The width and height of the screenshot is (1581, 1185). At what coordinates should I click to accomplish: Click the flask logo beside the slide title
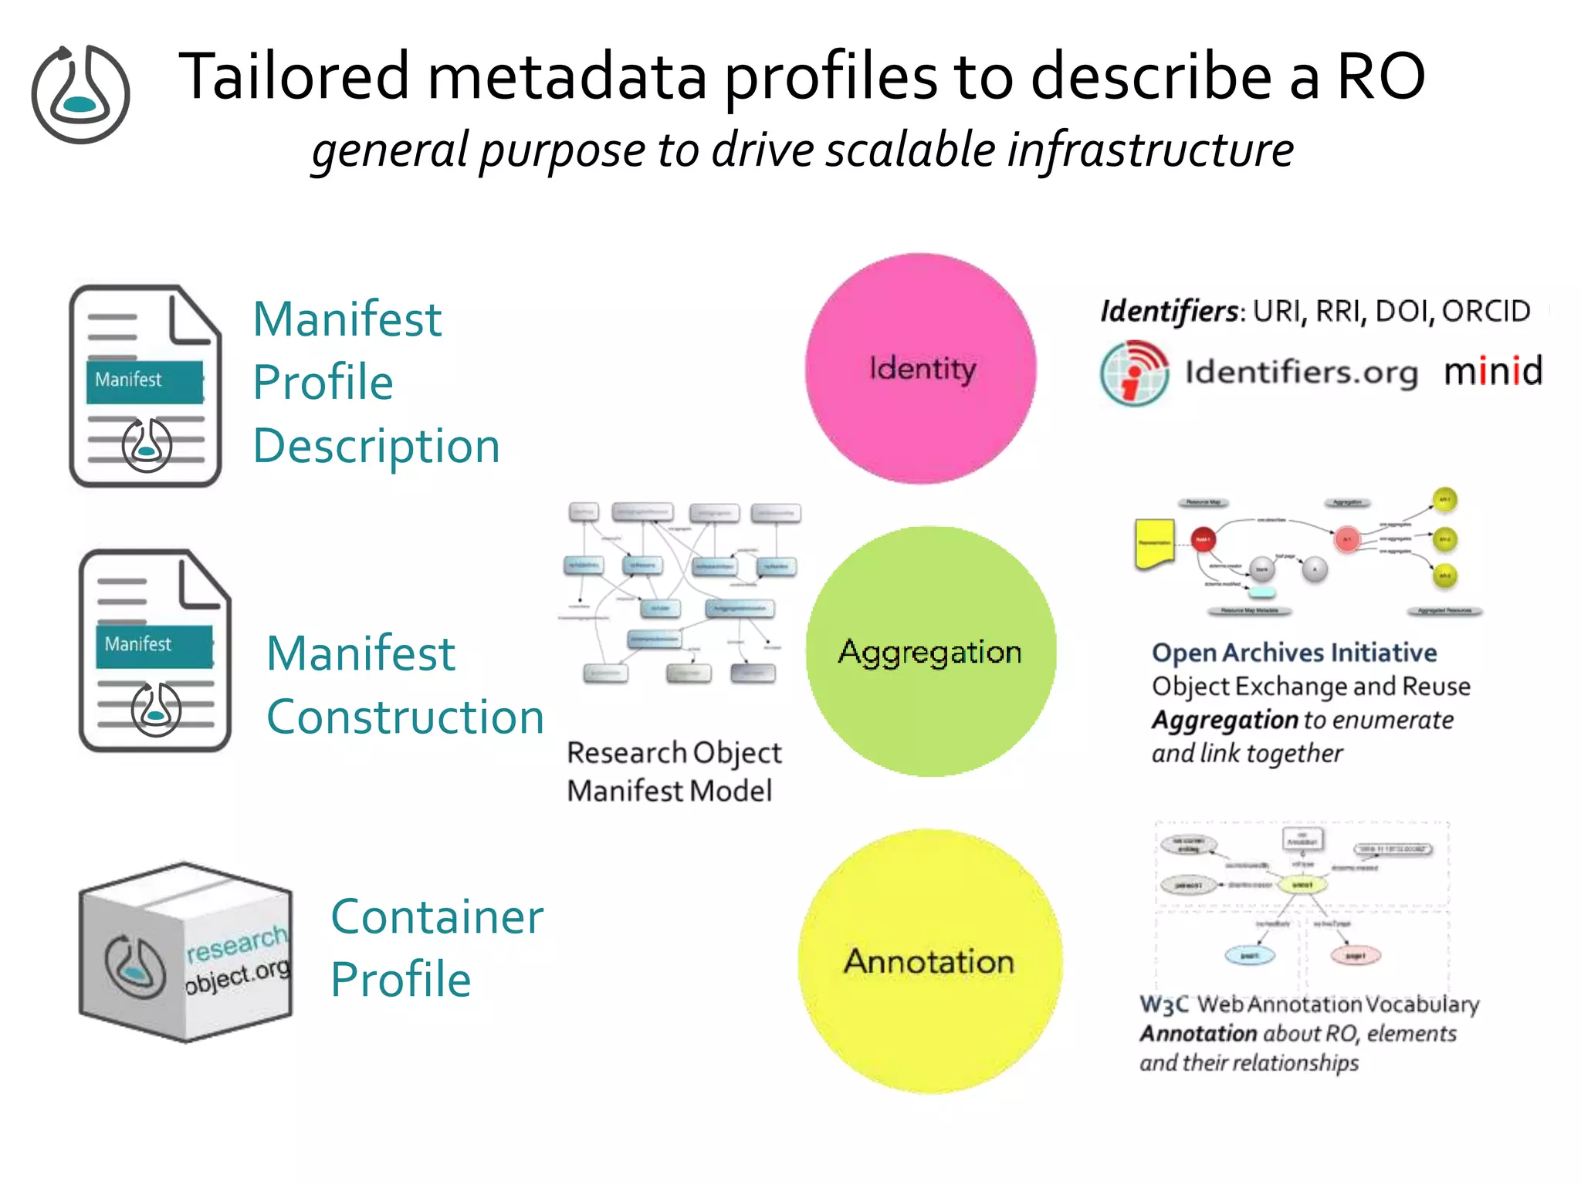[80, 94]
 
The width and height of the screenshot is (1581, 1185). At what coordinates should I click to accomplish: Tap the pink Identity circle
[921, 368]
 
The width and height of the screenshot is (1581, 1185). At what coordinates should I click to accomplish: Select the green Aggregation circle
[930, 652]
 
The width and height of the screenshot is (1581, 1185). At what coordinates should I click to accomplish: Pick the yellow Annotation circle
[929, 961]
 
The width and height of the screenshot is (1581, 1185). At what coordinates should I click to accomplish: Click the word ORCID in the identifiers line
[1485, 311]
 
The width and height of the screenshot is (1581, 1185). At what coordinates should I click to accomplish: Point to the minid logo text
[1493, 371]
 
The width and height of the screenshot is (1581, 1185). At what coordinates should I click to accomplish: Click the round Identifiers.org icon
[1133, 373]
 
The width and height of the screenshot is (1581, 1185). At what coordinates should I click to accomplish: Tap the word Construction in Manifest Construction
[405, 717]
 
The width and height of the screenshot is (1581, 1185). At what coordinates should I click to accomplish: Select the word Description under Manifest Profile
[377, 446]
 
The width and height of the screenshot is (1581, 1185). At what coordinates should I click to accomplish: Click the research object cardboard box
[185, 953]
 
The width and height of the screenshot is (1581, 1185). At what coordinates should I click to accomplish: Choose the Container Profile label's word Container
[437, 917]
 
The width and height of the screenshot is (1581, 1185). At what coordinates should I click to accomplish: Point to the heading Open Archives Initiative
[1294, 653]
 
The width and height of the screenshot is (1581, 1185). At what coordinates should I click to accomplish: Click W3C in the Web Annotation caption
[1164, 1004]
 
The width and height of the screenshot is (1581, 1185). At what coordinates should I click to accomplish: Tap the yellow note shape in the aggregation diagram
[1154, 543]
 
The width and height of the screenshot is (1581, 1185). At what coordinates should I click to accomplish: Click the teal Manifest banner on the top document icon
[144, 381]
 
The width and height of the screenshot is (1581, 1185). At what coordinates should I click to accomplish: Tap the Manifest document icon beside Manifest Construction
[154, 650]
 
